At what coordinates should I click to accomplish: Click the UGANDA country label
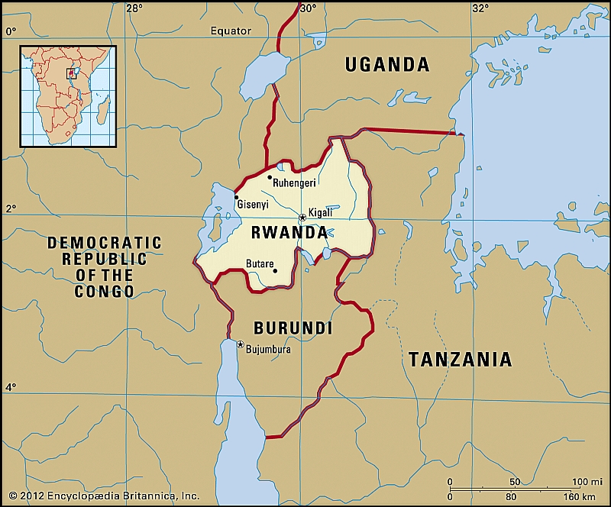pos(387,64)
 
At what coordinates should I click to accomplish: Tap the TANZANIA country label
pos(460,359)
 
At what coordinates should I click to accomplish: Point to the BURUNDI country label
pos(293,328)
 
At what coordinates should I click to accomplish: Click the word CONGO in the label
pos(105,292)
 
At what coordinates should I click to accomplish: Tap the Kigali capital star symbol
pos(302,218)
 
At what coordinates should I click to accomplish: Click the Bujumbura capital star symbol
pos(241,344)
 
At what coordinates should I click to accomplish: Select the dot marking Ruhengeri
pos(270,177)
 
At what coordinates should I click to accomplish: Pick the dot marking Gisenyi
pos(236,197)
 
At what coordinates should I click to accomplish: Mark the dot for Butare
pos(275,270)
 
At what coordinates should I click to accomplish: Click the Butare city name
pos(258,263)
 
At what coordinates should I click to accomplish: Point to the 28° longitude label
pos(134,8)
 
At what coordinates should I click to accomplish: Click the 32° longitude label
pos(480,8)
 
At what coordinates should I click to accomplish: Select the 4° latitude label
pos(11,387)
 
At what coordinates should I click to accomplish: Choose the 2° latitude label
pos(11,208)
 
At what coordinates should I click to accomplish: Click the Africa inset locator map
pos(68,95)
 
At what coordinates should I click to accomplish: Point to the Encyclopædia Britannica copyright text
pos(103,496)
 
